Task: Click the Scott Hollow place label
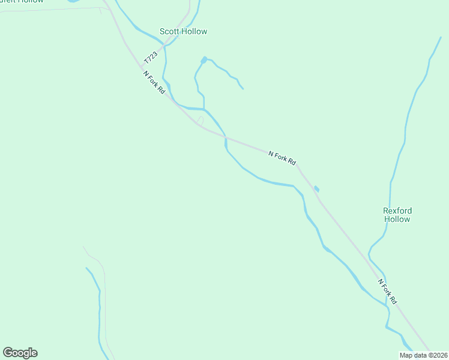coord(183,31)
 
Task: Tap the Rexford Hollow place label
coord(397,215)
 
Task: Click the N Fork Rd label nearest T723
coord(154,82)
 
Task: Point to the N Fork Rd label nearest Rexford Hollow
coord(388,291)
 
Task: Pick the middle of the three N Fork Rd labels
coord(282,158)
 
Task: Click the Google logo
coord(20,353)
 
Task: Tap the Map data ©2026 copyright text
coord(424,355)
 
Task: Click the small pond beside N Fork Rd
coord(316,189)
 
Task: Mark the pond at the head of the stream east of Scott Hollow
coord(204,59)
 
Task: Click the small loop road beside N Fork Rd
coord(200,121)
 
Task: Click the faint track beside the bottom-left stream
coord(105,300)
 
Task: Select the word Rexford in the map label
coord(397,211)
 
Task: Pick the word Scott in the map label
coord(169,31)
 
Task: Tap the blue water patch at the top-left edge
coord(73,1)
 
